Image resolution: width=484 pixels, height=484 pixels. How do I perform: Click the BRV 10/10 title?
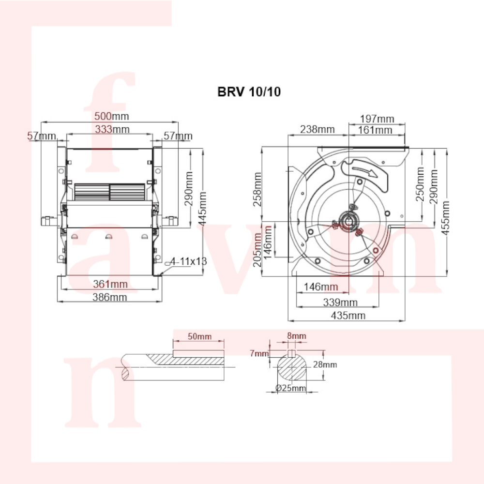[249, 91]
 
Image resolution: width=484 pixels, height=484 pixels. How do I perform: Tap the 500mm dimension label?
[112, 116]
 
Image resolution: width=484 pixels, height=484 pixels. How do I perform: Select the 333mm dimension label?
[112, 129]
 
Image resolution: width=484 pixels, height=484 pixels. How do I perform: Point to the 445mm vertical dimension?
[202, 209]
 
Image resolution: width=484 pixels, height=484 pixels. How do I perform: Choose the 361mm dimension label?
[110, 284]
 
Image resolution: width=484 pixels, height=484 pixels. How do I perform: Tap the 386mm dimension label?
[110, 297]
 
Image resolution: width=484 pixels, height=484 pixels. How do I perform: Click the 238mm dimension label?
[318, 129]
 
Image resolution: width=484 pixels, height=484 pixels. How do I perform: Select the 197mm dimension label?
[377, 119]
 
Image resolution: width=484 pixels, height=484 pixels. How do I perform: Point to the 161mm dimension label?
[375, 130]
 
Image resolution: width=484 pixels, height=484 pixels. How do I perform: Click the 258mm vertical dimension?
[257, 189]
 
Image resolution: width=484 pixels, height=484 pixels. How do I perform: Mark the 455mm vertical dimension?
[445, 218]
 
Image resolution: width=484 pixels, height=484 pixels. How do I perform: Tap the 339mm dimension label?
[340, 302]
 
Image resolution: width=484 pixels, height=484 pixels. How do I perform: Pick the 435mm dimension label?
[348, 316]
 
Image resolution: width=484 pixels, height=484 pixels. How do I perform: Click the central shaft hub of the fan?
[349, 221]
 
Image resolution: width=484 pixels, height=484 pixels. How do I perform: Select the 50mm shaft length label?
[200, 336]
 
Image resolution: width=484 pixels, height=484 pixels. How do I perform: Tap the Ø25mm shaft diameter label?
[290, 388]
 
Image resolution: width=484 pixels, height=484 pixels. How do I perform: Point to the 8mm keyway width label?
[297, 336]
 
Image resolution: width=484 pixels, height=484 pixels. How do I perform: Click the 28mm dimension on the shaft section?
[325, 364]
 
